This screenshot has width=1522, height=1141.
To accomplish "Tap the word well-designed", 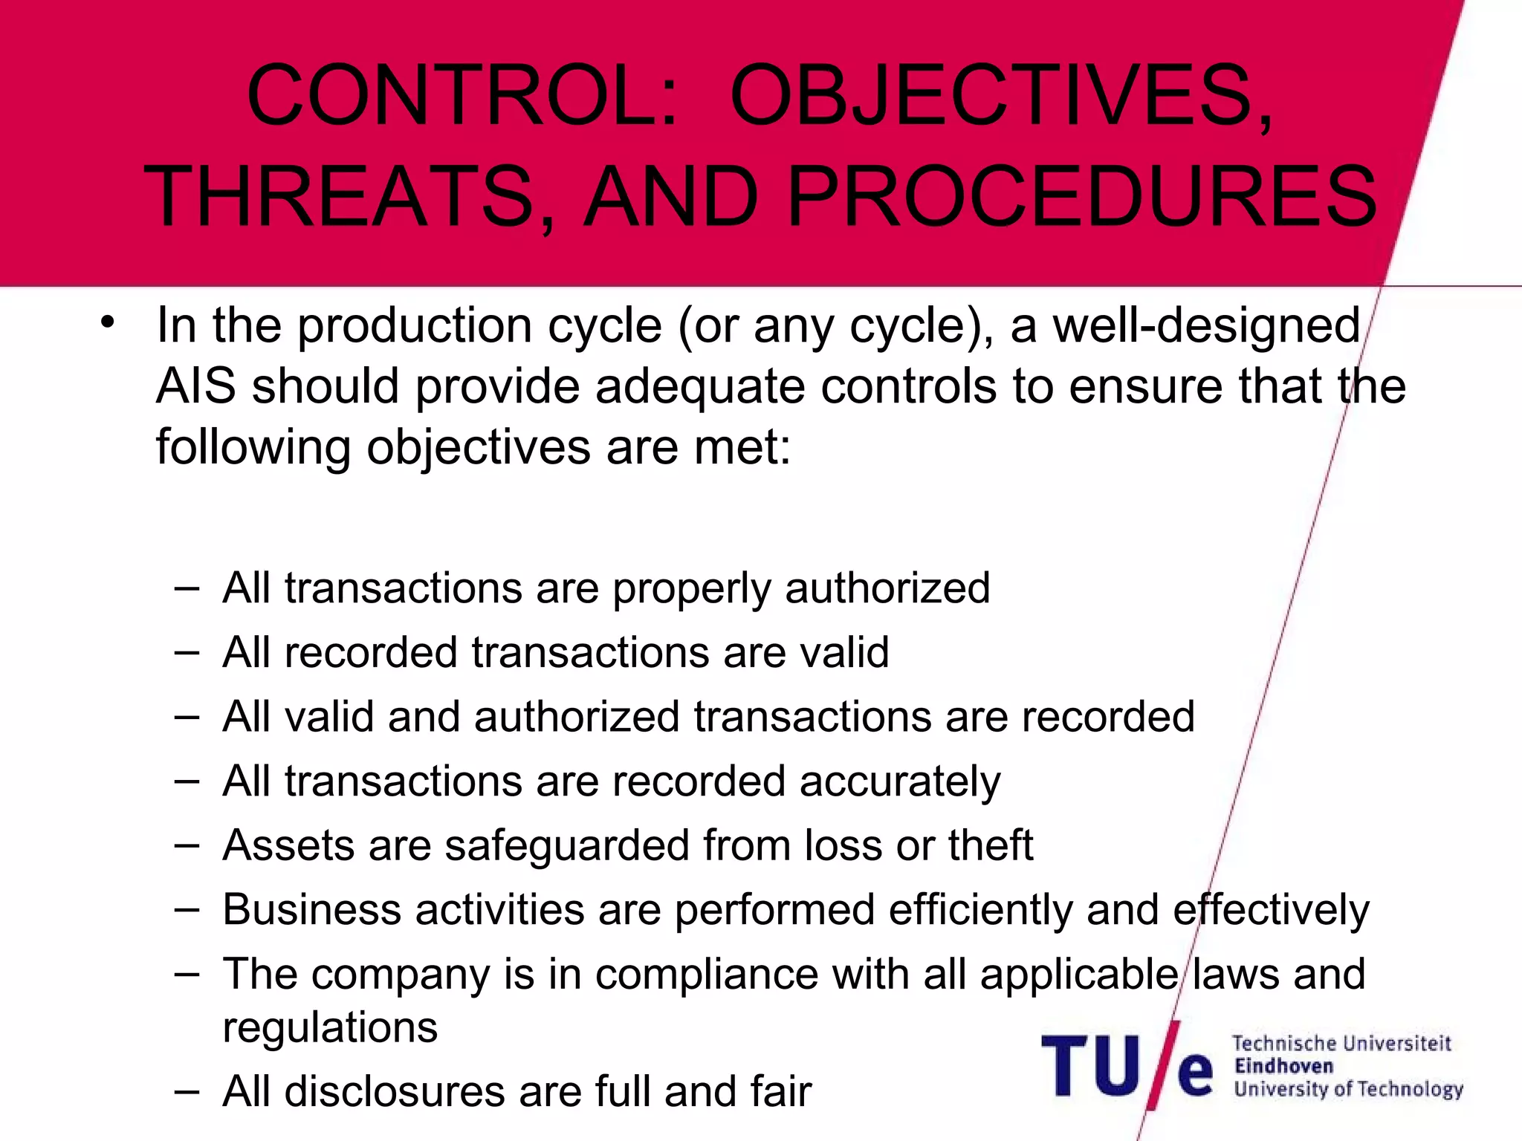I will tap(1207, 327).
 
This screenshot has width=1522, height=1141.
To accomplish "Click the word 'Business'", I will tap(312, 910).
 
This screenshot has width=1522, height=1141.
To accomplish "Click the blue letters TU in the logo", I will tap(1091, 1066).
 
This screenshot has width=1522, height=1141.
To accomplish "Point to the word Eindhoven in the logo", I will tap(1283, 1067).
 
